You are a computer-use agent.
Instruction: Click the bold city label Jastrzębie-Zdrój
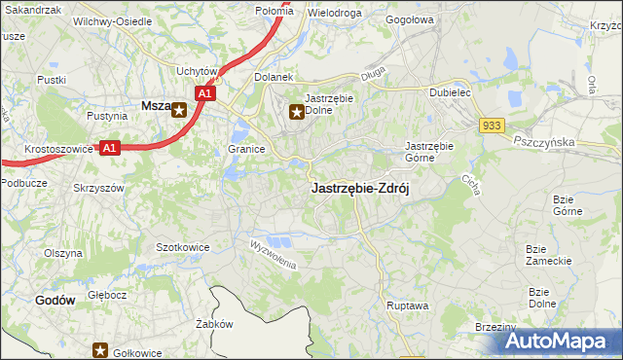(x=359, y=190)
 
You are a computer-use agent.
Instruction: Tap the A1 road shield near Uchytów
(x=204, y=93)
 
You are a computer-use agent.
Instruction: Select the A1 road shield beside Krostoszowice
(x=110, y=148)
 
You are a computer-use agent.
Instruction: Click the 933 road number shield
(x=491, y=126)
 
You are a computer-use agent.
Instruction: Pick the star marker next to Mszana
(x=180, y=110)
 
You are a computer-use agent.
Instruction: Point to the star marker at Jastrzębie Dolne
(x=297, y=113)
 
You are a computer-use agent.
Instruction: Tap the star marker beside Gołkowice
(x=99, y=350)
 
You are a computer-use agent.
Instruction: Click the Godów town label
(x=55, y=301)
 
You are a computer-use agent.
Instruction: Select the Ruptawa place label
(x=407, y=305)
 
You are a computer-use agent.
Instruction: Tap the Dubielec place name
(x=451, y=93)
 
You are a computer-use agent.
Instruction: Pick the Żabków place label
(x=212, y=324)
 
